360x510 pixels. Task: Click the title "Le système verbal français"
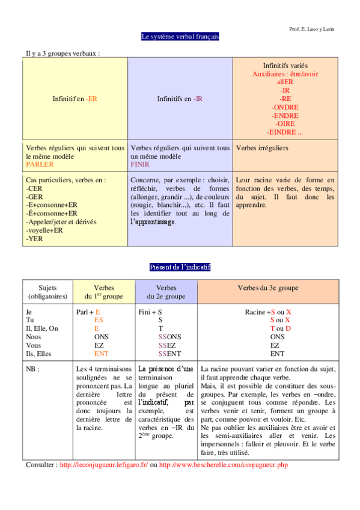click(x=180, y=37)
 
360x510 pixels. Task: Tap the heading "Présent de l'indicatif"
click(x=180, y=266)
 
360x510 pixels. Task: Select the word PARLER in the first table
click(x=40, y=164)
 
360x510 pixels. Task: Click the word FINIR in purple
click(x=140, y=164)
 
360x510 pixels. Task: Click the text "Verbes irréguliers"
click(x=262, y=147)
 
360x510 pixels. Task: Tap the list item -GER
click(x=34, y=197)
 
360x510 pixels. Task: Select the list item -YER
click(x=34, y=239)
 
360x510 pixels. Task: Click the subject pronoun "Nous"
click(x=33, y=337)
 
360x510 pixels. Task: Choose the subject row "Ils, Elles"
click(x=39, y=354)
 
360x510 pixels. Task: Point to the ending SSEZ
click(x=167, y=346)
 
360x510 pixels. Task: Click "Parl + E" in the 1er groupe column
click(x=88, y=312)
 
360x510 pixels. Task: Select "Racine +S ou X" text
click(x=268, y=312)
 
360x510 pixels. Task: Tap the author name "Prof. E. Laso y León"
click(x=311, y=28)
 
